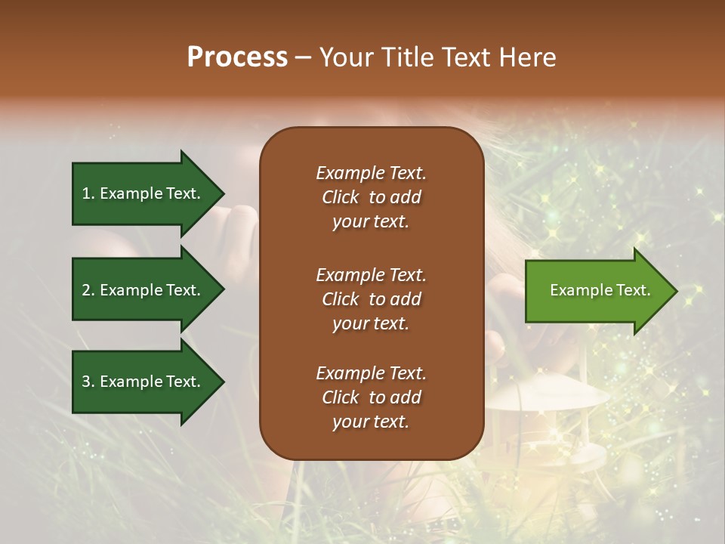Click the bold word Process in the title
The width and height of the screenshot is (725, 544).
pos(237,57)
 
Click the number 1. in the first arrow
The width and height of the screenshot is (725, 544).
pos(88,193)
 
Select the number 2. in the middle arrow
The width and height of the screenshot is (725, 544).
pos(88,290)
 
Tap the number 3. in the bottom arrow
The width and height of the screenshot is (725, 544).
pos(88,382)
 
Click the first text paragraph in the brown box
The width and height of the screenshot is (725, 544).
pos(371,197)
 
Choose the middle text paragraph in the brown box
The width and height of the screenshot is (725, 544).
pos(371,299)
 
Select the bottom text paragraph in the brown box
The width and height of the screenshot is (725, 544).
pos(371,397)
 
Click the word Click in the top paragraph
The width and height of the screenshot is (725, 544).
pos(341,197)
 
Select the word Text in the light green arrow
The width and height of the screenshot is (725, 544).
pos(632,290)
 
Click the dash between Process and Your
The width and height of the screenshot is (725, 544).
pos(303,58)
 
